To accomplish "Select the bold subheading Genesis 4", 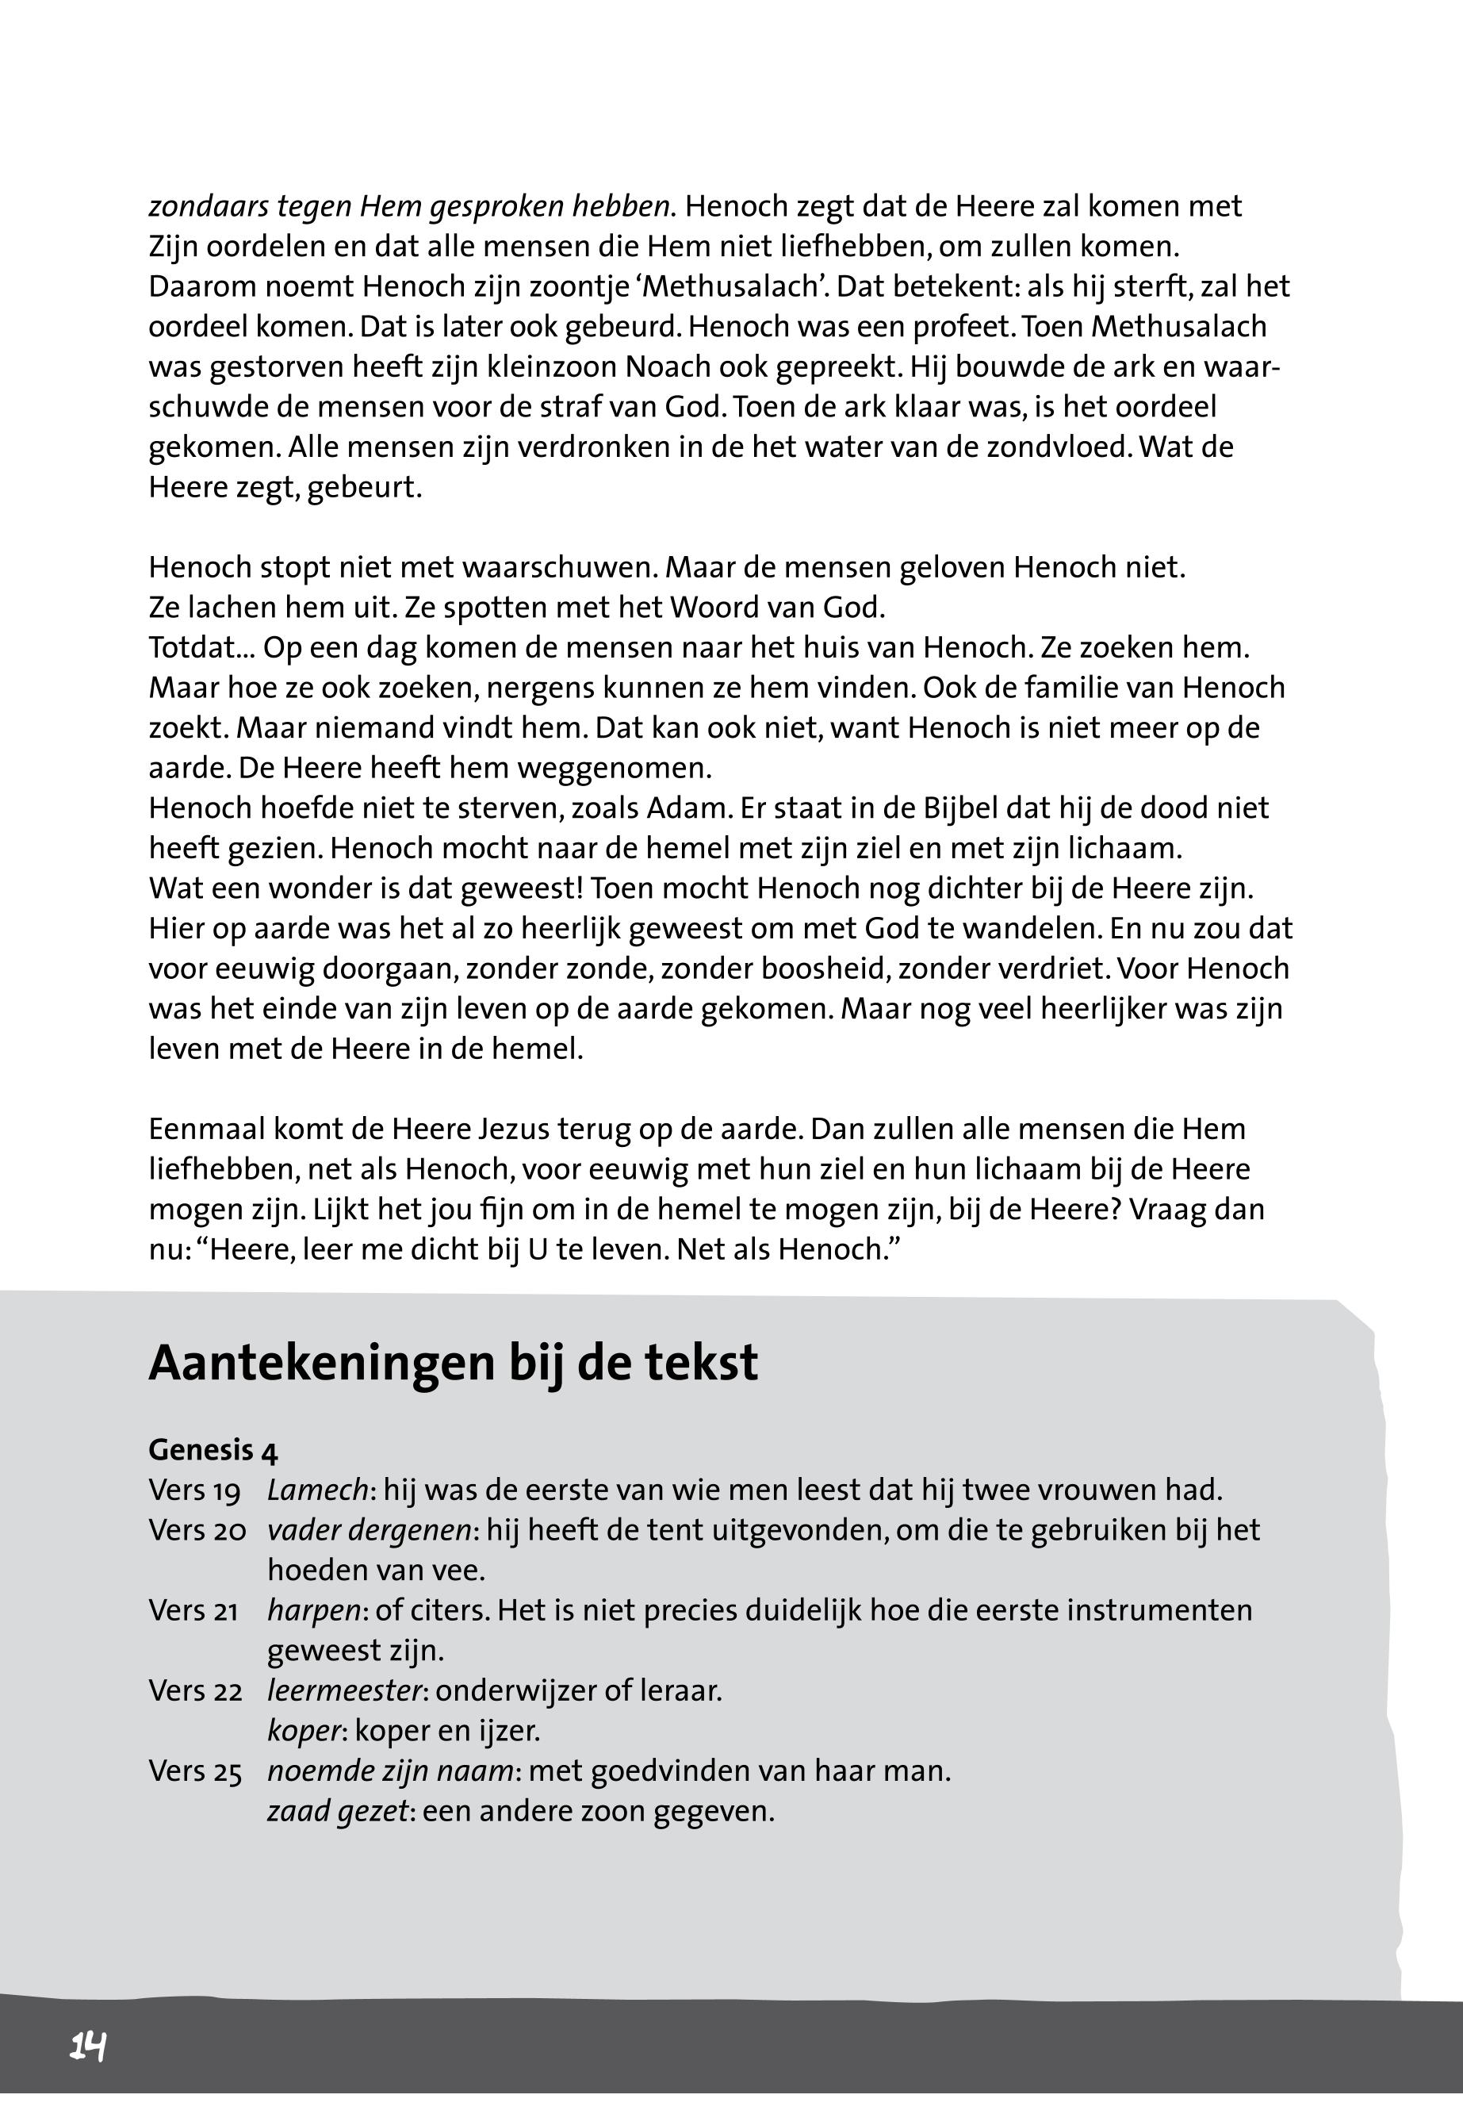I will [x=213, y=1449].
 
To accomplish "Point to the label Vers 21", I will [x=194, y=1611].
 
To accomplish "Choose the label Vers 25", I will [x=195, y=1770].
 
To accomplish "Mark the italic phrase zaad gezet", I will [x=336, y=1811].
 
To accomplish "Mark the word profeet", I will [x=958, y=327].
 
